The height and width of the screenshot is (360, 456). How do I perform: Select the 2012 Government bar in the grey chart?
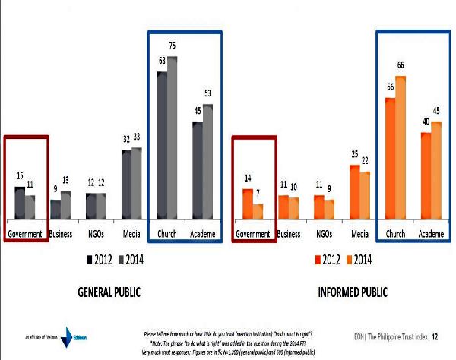(x=21, y=202)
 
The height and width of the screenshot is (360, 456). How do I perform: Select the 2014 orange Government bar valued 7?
(x=258, y=211)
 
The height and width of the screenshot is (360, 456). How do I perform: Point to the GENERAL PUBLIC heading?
(x=112, y=292)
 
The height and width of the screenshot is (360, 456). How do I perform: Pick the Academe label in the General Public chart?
(x=203, y=234)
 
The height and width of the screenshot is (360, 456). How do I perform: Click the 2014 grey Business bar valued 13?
(x=65, y=204)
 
